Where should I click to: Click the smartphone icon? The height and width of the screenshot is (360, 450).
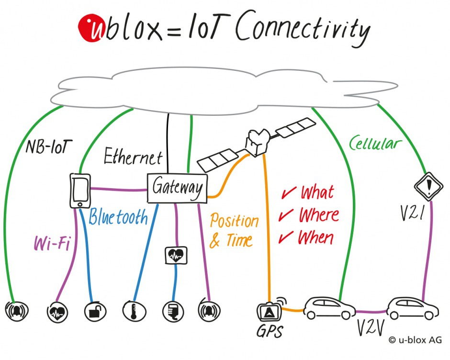pos(80,190)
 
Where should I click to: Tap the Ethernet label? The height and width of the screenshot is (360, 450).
pos(133,157)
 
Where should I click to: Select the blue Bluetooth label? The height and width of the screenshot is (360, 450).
pos(118,218)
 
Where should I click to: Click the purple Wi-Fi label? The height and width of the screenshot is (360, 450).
pos(52,243)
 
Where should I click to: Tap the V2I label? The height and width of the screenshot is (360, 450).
pos(412,211)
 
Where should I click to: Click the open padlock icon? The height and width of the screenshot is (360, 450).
pos(93,312)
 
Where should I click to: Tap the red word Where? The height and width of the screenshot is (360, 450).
pos(318,215)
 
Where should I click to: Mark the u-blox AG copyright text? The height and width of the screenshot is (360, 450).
pos(415,340)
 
